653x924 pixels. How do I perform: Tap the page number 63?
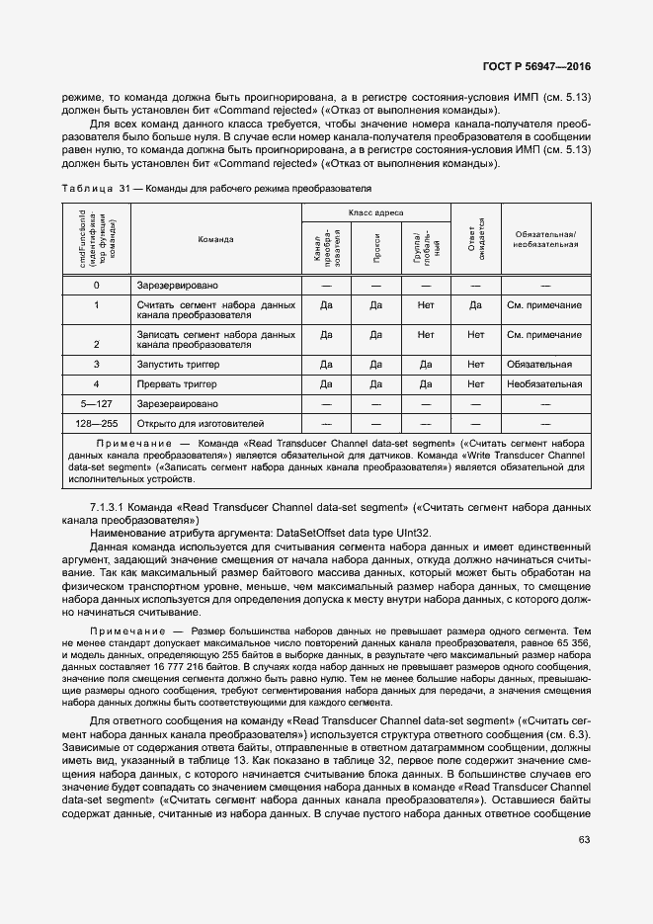(x=584, y=840)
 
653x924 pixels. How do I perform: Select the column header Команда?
(x=215, y=239)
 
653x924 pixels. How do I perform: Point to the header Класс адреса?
(x=375, y=212)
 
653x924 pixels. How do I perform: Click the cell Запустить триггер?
(x=177, y=365)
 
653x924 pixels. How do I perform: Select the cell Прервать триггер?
(x=175, y=383)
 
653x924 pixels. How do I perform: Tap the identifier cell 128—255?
(x=96, y=421)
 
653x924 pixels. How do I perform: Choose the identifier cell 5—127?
(x=96, y=402)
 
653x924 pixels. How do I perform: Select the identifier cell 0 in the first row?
(x=96, y=286)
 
